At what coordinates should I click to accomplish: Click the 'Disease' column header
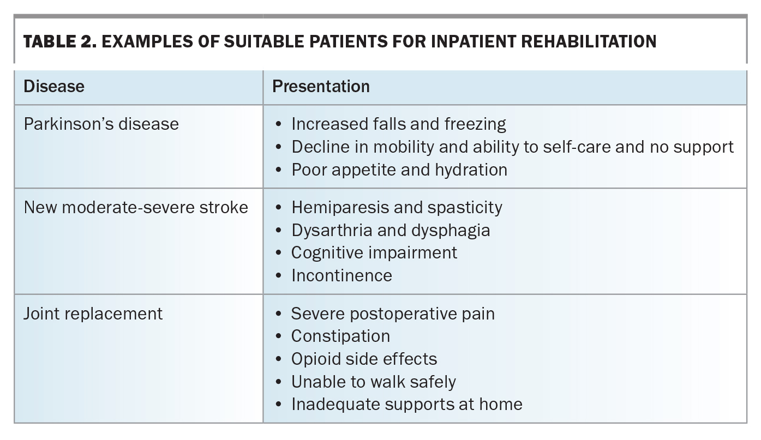[54, 86]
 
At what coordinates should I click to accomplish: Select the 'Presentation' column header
[321, 86]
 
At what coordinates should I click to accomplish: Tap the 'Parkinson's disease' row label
[101, 124]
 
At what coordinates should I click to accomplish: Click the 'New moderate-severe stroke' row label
[136, 207]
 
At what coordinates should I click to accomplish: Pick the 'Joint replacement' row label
[93, 314]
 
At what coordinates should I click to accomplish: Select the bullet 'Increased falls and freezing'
[398, 124]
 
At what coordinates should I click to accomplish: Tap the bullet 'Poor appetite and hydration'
[399, 170]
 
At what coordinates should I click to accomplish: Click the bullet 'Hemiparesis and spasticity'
[397, 207]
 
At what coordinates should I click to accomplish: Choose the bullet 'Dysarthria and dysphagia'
[391, 230]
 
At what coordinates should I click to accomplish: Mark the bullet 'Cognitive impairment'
[374, 252]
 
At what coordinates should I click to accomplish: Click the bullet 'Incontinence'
[341, 275]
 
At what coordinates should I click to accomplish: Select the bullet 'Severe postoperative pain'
[393, 314]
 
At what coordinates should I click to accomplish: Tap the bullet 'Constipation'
[340, 336]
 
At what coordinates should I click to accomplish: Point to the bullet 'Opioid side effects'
[364, 359]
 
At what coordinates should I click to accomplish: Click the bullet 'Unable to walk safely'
[373, 382]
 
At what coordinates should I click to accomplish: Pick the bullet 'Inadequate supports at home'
[406, 404]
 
